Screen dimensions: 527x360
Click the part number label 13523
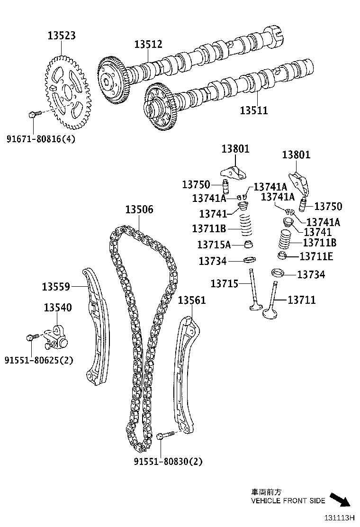(62, 36)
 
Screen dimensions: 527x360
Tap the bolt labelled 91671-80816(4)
(33, 114)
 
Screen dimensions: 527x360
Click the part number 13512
(148, 44)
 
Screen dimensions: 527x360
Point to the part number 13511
(253, 111)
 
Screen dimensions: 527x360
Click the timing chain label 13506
(139, 209)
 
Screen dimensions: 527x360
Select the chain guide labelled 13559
(96, 327)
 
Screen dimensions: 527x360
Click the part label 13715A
(214, 245)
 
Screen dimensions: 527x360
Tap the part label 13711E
(316, 256)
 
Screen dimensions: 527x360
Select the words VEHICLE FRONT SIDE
(288, 501)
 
